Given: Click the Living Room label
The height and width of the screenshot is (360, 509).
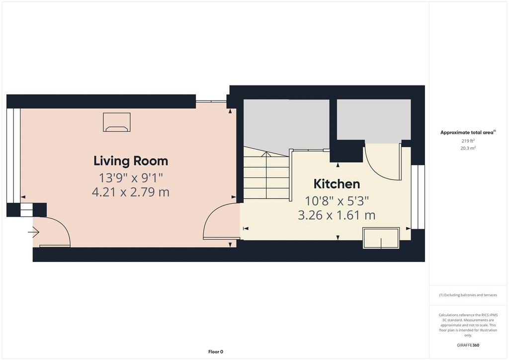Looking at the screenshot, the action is pyautogui.click(x=131, y=161).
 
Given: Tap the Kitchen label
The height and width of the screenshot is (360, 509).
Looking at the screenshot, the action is pyautogui.click(x=337, y=184).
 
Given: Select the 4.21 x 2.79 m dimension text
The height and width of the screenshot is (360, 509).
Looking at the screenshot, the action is pyautogui.click(x=131, y=192).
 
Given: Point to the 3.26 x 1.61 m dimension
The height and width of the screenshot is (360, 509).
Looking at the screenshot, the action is pyautogui.click(x=337, y=215).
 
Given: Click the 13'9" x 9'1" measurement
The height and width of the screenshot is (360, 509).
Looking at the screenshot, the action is pyautogui.click(x=131, y=178).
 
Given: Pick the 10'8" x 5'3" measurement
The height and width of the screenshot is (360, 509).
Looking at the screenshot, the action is pyautogui.click(x=337, y=201).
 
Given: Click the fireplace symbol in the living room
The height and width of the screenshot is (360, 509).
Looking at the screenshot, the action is pyautogui.click(x=117, y=122).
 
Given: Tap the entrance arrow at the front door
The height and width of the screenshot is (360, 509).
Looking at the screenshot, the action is pyautogui.click(x=34, y=232).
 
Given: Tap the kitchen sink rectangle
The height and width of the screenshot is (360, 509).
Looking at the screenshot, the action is pyautogui.click(x=381, y=238).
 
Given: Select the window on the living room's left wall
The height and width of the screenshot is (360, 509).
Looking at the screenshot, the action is pyautogui.click(x=13, y=156).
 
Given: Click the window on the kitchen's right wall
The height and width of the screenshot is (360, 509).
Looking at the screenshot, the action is pyautogui.click(x=418, y=197).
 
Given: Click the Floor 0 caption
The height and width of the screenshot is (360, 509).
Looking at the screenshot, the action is pyautogui.click(x=216, y=352).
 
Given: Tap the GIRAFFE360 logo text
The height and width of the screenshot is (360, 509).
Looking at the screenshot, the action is pyautogui.click(x=468, y=345).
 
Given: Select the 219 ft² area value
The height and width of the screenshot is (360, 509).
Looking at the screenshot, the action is pyautogui.click(x=468, y=141).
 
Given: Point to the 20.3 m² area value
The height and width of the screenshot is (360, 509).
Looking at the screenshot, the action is pyautogui.click(x=468, y=148).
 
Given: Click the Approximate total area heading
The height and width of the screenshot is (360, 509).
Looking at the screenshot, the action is pyautogui.click(x=468, y=132).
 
